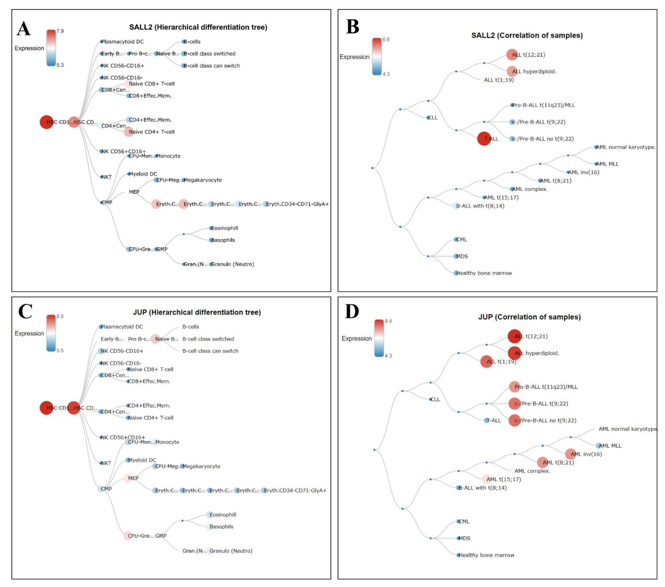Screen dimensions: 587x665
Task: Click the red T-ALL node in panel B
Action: tap(484, 139)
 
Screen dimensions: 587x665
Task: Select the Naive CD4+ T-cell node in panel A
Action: tap(129, 132)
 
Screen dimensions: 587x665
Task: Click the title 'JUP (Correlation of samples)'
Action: tap(529, 317)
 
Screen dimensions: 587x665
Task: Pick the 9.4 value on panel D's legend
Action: tap(388, 321)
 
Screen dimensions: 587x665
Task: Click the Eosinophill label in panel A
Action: tap(224, 228)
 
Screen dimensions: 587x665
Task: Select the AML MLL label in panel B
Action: tap(607, 164)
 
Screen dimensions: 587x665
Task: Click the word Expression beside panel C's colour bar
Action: tap(29, 334)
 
